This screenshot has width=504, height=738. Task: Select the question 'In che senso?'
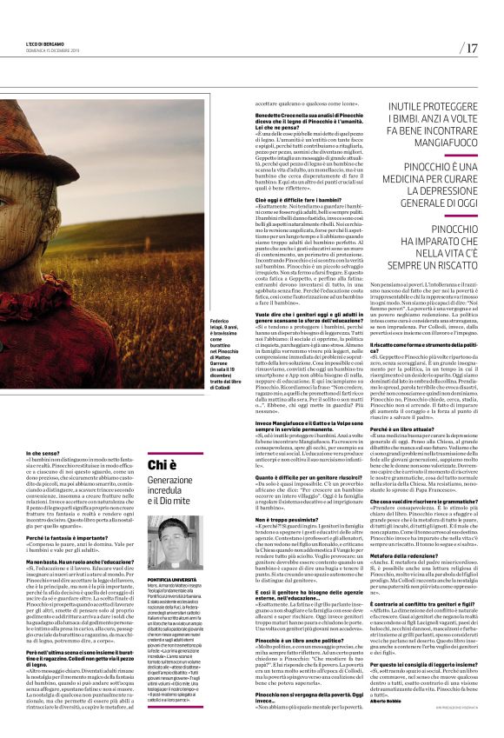click(x=42, y=454)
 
